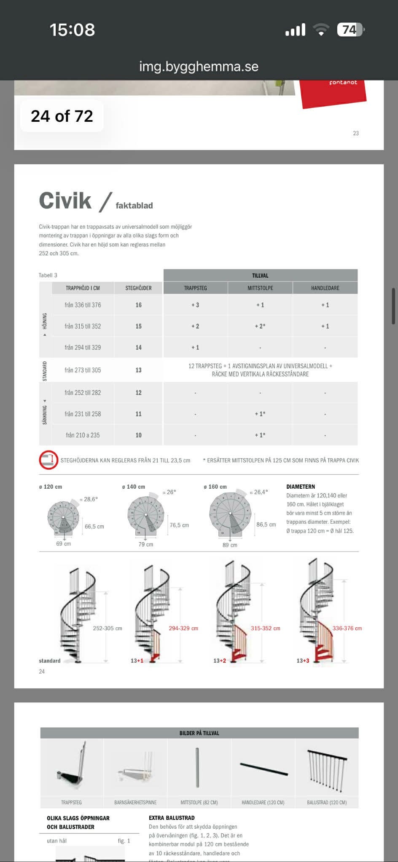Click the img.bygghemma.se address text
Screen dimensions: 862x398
pyautogui.click(x=199, y=66)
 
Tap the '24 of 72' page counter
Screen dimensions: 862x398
pyautogui.click(x=62, y=116)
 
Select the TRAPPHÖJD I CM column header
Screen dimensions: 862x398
pyautogui.click(x=83, y=288)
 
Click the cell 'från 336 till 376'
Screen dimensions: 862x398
pyautogui.click(x=83, y=305)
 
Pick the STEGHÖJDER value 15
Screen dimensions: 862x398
pyautogui.click(x=138, y=326)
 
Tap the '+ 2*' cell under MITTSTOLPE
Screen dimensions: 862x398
pyautogui.click(x=260, y=326)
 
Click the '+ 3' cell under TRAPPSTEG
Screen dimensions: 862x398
pyautogui.click(x=195, y=305)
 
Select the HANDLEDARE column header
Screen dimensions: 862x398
pyautogui.click(x=325, y=288)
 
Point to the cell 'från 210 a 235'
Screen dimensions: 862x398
pyautogui.click(x=83, y=435)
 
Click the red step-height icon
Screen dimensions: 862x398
pyautogui.click(x=48, y=460)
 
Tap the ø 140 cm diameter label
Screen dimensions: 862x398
pyautogui.click(x=133, y=487)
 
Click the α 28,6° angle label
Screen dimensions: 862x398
pyautogui.click(x=89, y=499)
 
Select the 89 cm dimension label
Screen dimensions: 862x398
pyautogui.click(x=230, y=545)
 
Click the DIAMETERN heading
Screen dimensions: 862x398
pyautogui.click(x=301, y=487)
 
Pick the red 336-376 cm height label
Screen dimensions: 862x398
pyautogui.click(x=347, y=628)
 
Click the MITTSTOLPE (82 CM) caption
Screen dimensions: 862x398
pyautogui.click(x=199, y=803)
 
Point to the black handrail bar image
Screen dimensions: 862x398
pyautogui.click(x=264, y=768)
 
